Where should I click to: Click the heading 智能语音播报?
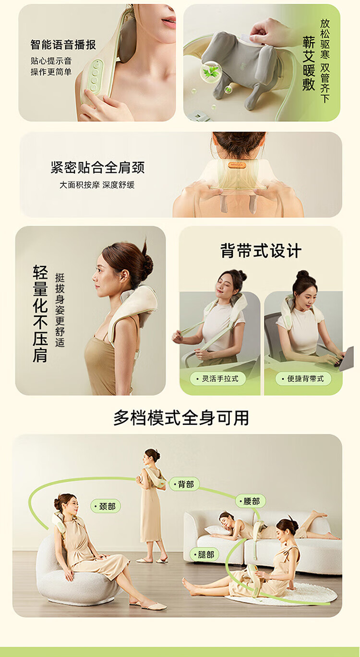click(63, 45)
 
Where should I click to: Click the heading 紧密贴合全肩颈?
click(97, 168)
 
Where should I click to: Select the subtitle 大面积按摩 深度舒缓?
click(97, 185)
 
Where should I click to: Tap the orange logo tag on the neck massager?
click(237, 165)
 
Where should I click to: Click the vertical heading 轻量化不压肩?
click(40, 314)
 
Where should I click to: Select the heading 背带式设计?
click(261, 251)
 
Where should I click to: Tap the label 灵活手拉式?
click(217, 378)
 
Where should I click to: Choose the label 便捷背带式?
click(303, 378)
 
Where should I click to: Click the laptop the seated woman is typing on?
click(346, 359)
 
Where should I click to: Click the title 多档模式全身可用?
click(181, 418)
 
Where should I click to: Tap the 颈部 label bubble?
click(105, 506)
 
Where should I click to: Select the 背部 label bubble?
click(184, 484)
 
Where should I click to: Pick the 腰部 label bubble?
click(250, 501)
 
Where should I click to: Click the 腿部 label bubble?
click(204, 554)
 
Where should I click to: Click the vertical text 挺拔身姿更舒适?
click(60, 310)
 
